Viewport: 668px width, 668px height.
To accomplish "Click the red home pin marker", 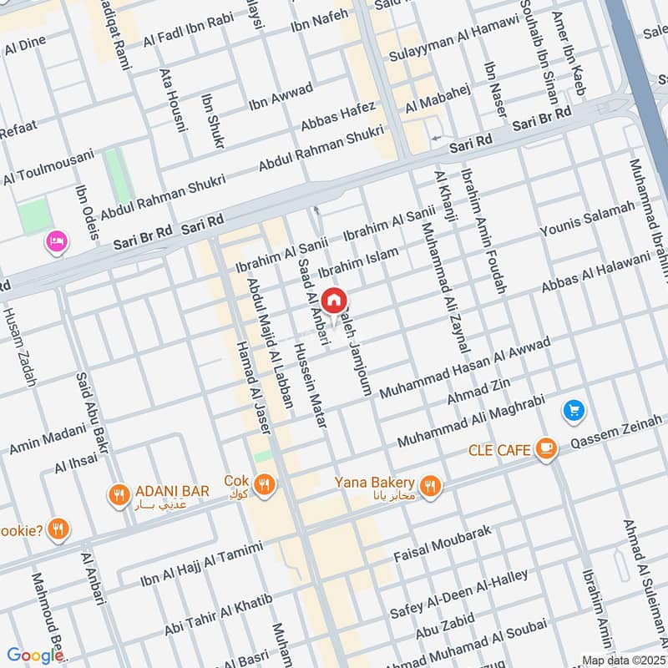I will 334,301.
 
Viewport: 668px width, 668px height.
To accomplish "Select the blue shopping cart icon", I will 573,410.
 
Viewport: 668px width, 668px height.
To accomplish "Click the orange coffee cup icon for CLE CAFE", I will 546,450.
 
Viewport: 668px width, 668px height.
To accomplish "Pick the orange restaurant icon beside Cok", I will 265,484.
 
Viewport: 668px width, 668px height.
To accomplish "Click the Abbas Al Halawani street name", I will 595,273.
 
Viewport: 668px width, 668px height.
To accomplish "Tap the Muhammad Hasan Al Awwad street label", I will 465,367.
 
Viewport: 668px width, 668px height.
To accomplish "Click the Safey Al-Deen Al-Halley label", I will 459,595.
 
